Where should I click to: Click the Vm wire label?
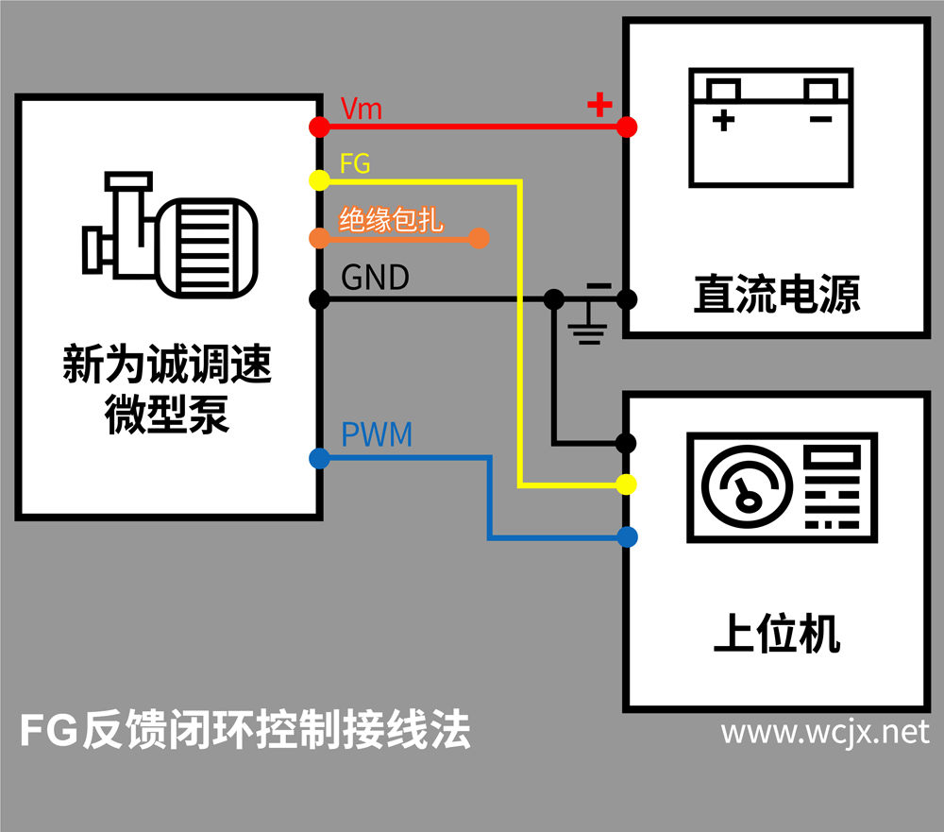(361, 109)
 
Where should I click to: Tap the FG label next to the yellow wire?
(355, 163)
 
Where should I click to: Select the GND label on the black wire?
(375, 278)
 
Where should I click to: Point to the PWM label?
(377, 436)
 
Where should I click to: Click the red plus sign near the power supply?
(599, 104)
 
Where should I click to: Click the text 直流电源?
(776, 294)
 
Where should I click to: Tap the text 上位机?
(776, 635)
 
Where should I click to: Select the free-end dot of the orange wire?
(479, 238)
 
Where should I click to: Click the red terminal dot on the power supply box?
(626, 127)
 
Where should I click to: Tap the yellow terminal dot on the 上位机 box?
(625, 484)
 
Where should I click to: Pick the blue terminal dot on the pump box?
(319, 459)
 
